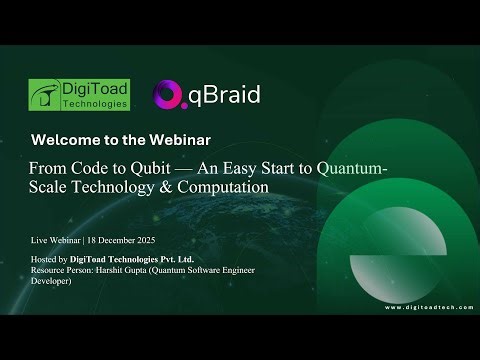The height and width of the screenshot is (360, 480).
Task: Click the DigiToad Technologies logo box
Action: point(80,93)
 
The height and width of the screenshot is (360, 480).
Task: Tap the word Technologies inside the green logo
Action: point(95,103)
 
